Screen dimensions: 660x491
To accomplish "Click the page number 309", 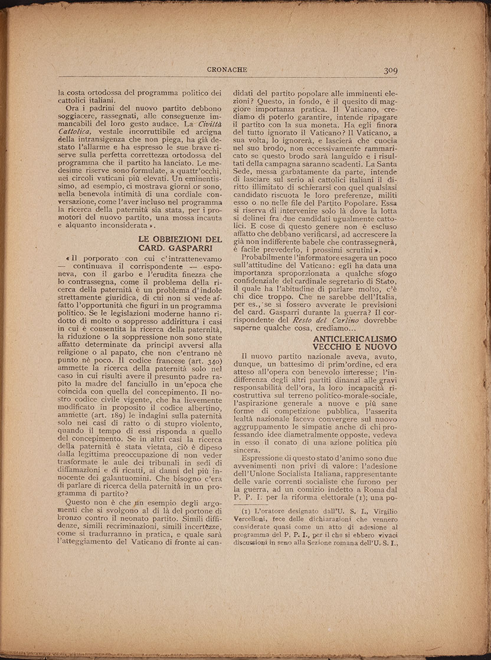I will [391, 70].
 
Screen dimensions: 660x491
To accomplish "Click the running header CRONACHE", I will [227, 70].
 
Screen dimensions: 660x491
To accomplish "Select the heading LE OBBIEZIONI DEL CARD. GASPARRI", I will [180, 243].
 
